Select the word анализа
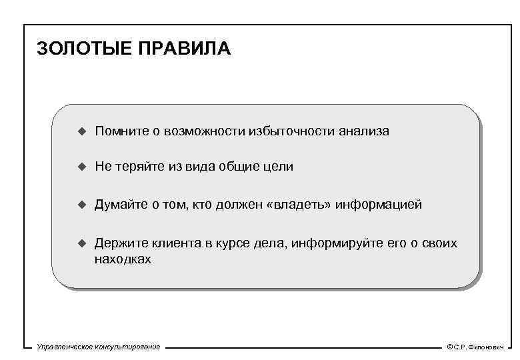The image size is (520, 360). (363, 131)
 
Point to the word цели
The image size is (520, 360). (279, 167)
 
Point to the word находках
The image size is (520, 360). (123, 259)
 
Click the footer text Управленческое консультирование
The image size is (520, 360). (99, 347)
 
